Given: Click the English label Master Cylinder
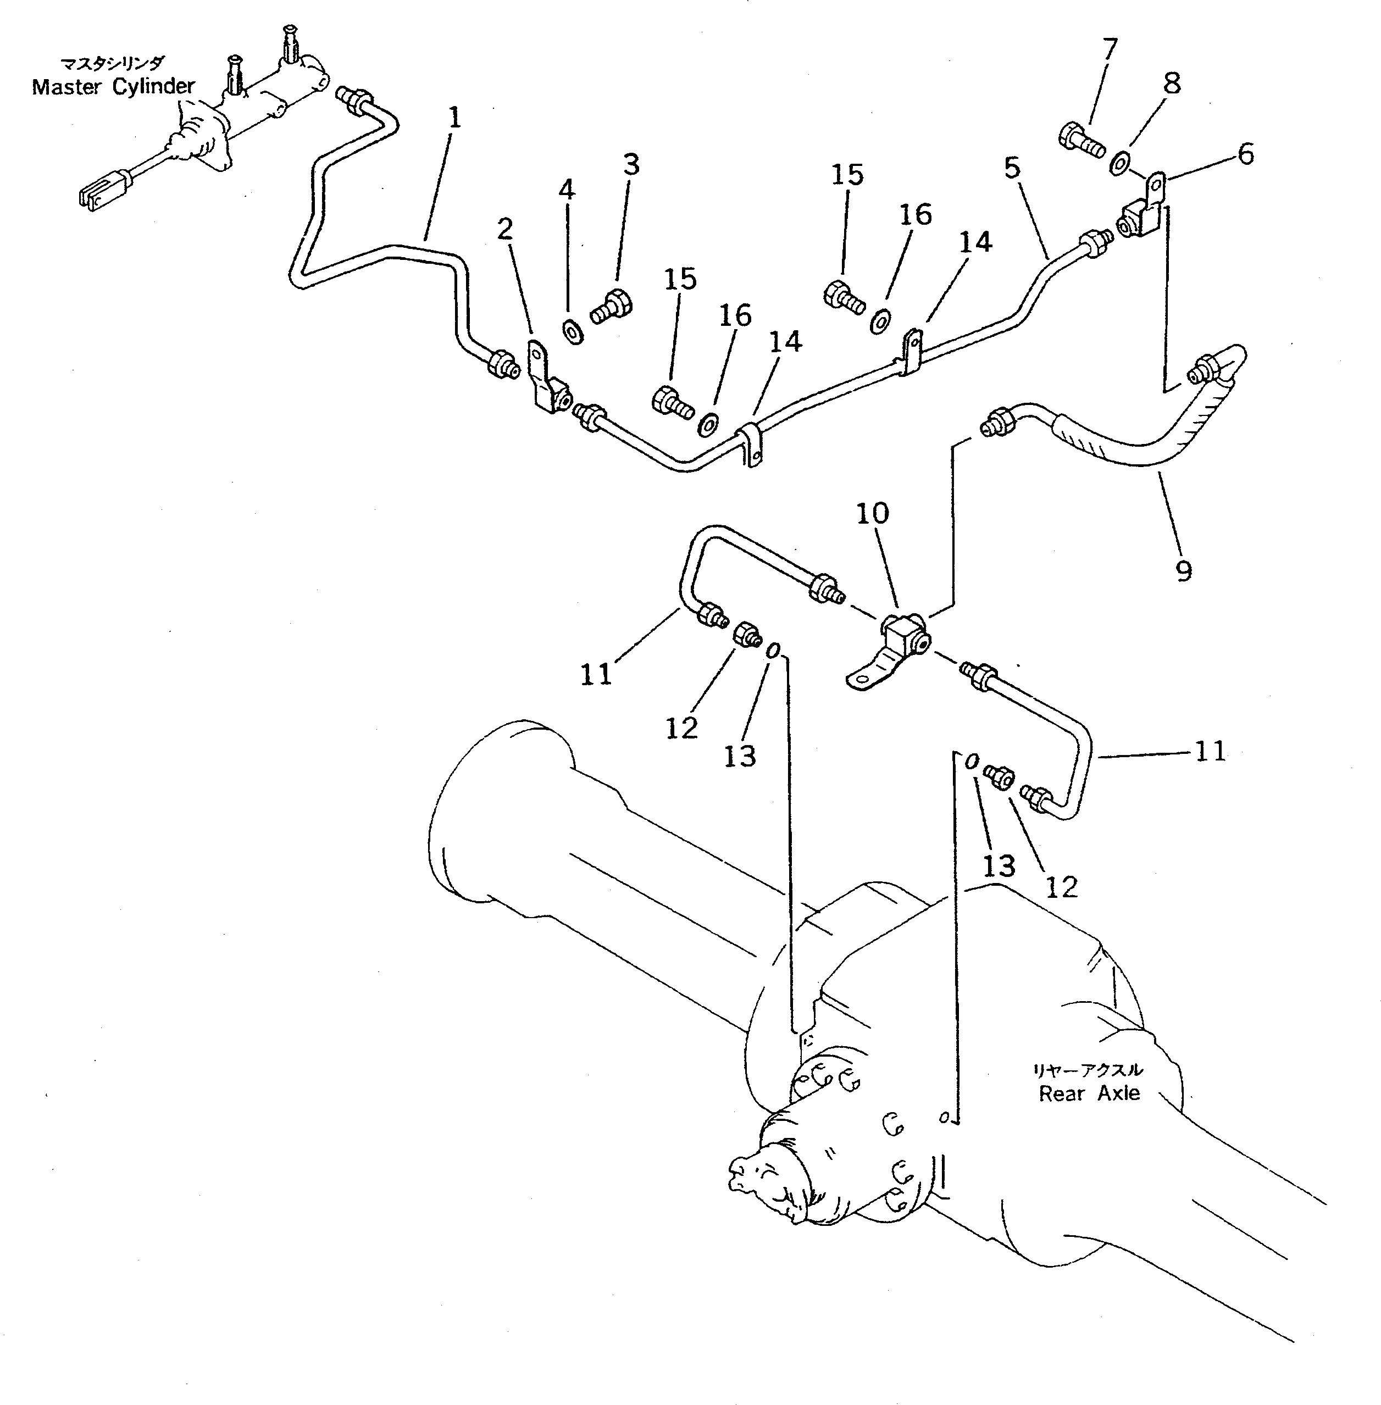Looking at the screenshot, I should coord(113,87).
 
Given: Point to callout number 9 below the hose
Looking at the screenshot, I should coord(1183,571).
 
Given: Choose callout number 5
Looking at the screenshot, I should coord(1012,168).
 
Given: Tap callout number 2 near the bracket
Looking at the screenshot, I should coord(505,229).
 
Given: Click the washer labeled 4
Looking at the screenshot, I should coord(572,332).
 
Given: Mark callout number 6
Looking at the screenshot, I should coord(1245,154).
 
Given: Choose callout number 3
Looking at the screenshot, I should coord(631,165).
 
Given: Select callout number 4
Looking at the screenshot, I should coord(567,190).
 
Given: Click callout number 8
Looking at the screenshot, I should coord(1172,84).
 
